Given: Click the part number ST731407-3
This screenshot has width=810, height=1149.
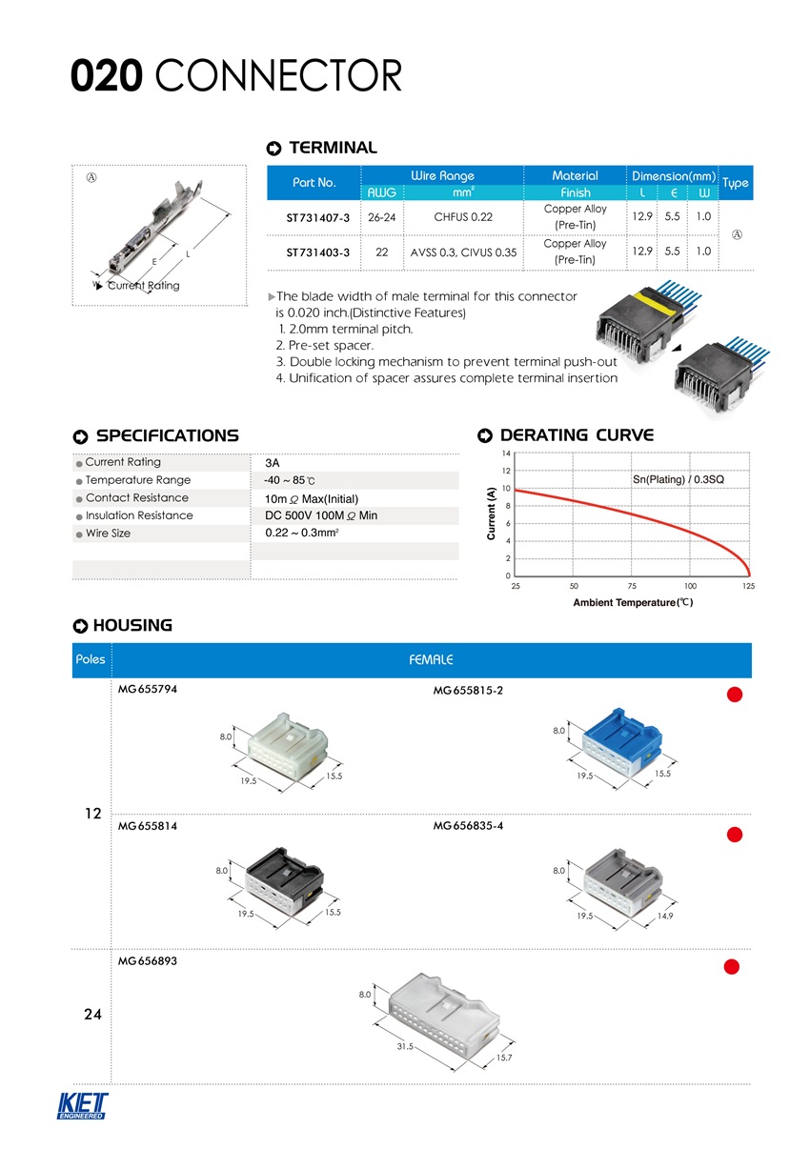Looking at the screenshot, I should [x=318, y=218].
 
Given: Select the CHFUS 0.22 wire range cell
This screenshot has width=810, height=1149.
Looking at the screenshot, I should [x=464, y=217].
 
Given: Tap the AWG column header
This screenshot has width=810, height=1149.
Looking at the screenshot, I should [x=382, y=192].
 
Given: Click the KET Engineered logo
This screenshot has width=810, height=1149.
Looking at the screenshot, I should [x=83, y=1106].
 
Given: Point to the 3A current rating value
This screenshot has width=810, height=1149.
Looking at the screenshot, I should [x=272, y=463].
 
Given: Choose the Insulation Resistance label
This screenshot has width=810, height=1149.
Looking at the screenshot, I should [x=139, y=515].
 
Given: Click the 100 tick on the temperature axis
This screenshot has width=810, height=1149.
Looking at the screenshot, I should [x=690, y=585].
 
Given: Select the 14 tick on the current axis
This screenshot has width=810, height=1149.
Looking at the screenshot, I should [x=506, y=452].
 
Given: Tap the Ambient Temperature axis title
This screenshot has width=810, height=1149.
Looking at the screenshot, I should [x=632, y=603].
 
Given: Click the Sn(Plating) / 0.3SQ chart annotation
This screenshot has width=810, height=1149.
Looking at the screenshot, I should [x=678, y=478].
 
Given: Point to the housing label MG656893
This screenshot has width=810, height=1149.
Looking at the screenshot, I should [x=147, y=961].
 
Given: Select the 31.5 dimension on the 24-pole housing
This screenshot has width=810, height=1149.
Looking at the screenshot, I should [x=405, y=1047].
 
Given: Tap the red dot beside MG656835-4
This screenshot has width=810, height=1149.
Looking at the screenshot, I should [x=734, y=836].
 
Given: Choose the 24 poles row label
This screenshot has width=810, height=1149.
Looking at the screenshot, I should [x=92, y=1015].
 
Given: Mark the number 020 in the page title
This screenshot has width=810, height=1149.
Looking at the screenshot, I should [x=107, y=76].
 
